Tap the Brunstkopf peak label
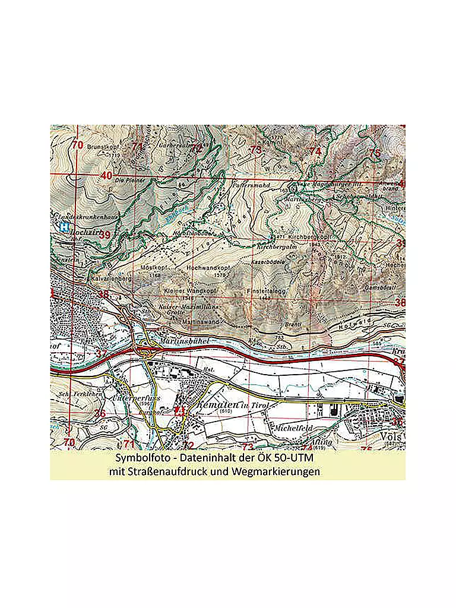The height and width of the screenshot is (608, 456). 104,145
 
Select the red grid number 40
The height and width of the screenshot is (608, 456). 106,176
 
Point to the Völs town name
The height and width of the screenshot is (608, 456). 393,436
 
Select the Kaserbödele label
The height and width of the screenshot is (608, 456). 268,261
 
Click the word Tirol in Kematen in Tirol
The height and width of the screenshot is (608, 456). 258,405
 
